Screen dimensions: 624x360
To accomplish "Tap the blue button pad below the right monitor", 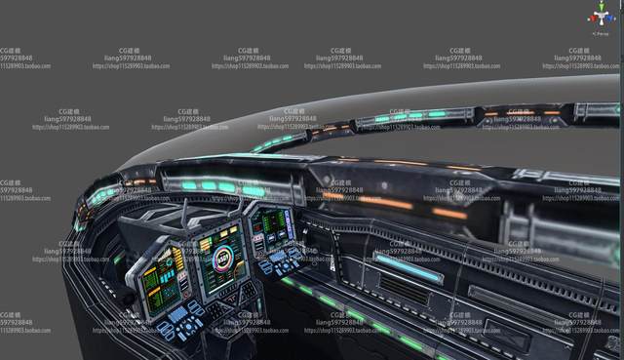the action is [286, 262].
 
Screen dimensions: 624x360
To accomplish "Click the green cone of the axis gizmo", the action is [601, 9].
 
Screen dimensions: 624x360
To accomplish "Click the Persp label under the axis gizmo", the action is [602, 32].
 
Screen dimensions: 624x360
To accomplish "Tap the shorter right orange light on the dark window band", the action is [449, 213].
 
